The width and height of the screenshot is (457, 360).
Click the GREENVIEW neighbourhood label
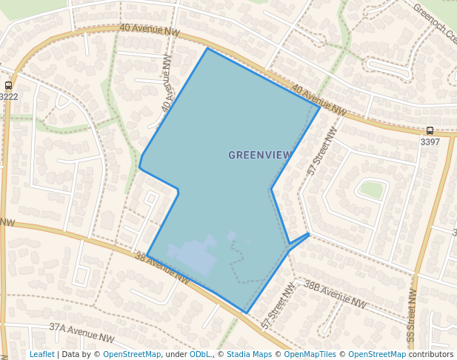tap(260, 155)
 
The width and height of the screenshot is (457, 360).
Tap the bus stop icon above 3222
tap(8, 85)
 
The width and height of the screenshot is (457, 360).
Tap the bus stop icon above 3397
tap(430, 130)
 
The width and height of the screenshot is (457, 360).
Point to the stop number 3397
tap(430, 141)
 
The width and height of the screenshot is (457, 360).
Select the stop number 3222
tap(9, 96)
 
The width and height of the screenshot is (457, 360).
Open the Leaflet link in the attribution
tap(41, 354)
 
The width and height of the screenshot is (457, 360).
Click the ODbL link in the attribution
tap(200, 354)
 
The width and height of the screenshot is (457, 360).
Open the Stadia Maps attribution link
tap(248, 354)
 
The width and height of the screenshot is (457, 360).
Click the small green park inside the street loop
tap(371, 190)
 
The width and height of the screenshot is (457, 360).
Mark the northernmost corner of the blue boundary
tap(207, 48)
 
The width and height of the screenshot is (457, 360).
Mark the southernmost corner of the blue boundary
tap(246, 313)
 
